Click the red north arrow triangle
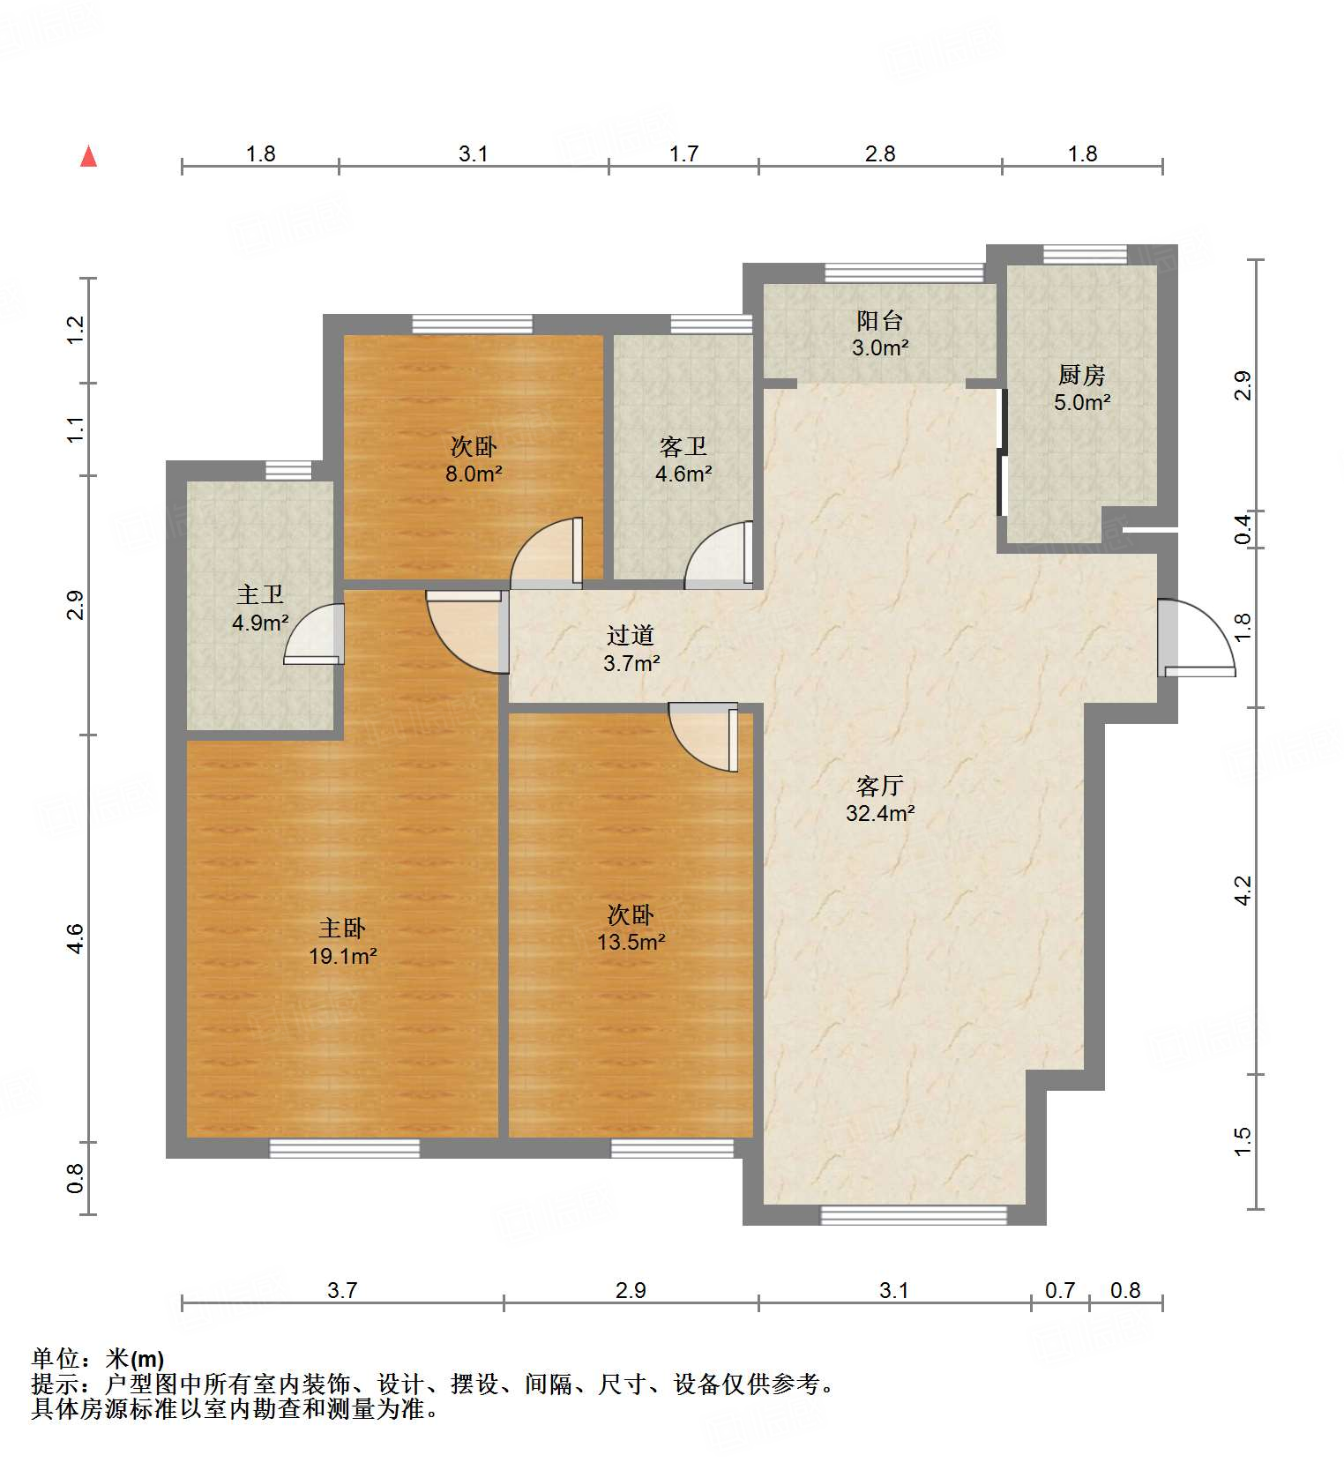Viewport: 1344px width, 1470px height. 88,157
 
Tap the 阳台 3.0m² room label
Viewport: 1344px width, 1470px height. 879,334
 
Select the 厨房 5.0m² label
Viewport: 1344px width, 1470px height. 1081,388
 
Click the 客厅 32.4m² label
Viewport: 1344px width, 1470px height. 879,799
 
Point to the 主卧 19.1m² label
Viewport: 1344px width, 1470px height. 342,941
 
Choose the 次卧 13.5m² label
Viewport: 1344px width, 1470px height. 631,928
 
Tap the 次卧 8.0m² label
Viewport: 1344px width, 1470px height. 474,459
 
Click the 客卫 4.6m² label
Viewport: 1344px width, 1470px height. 683,459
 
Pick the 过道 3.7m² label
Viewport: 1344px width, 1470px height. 631,649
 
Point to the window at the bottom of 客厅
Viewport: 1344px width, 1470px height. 913,1216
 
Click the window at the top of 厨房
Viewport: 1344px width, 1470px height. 1084,255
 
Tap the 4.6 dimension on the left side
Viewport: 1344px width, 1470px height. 76,937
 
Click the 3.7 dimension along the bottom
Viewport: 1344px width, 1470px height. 342,1290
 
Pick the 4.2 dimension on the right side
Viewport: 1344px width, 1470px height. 1243,890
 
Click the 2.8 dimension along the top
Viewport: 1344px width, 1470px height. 879,154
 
